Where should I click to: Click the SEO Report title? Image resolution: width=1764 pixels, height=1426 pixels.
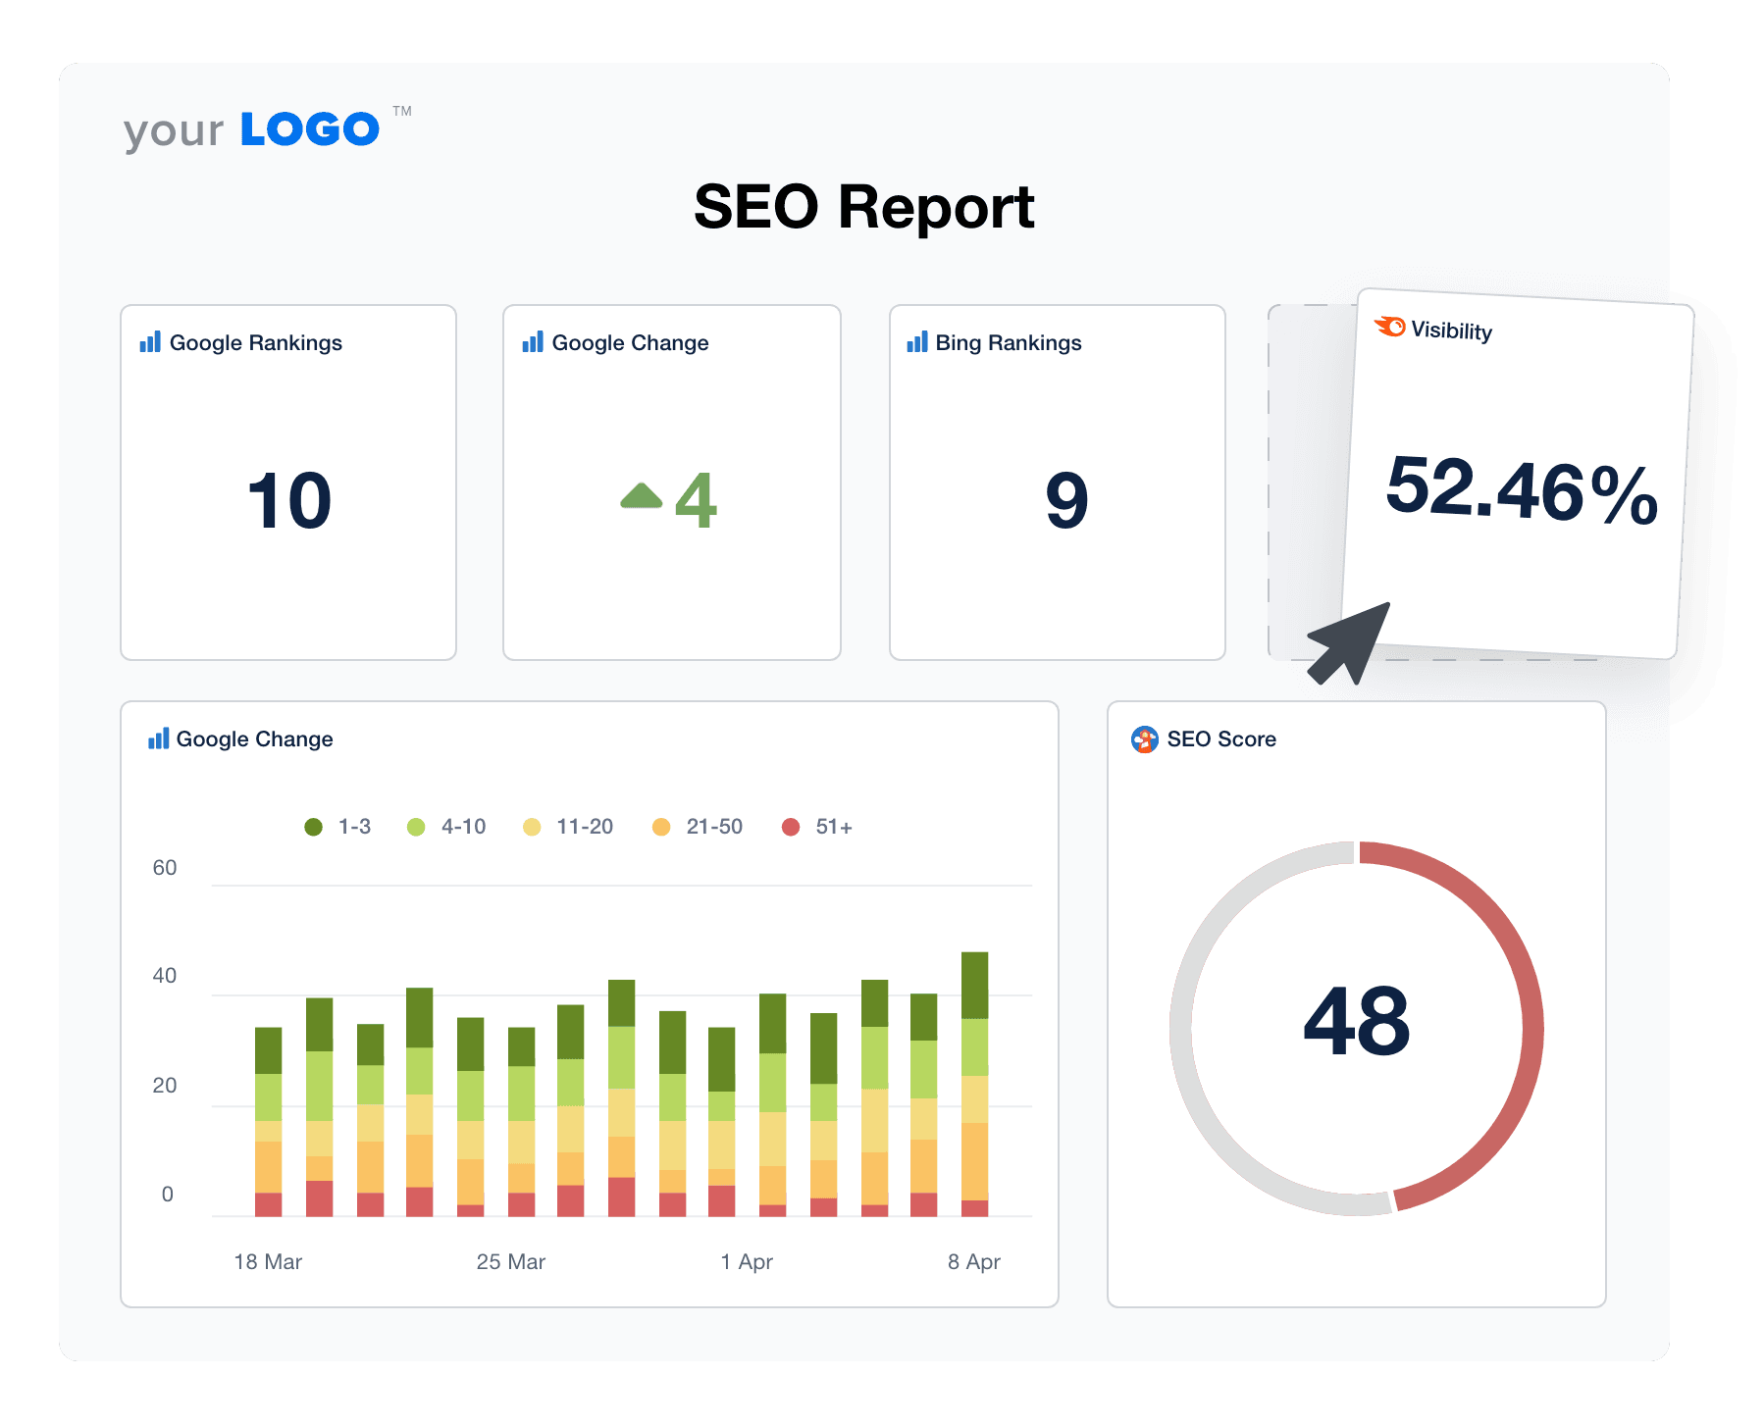pyautogui.click(x=863, y=207)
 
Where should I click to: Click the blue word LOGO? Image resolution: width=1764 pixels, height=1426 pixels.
pyautogui.click(x=310, y=129)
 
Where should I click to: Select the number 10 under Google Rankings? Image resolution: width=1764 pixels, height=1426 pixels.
pyautogui.click(x=289, y=501)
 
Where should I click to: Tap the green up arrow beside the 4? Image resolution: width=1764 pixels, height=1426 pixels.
pyautogui.click(x=642, y=496)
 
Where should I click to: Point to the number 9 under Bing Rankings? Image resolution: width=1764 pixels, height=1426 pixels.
pyautogui.click(x=1066, y=501)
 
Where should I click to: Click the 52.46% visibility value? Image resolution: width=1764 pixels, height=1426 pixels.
pyautogui.click(x=1521, y=489)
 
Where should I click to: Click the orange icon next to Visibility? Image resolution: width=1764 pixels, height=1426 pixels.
pyautogui.click(x=1390, y=326)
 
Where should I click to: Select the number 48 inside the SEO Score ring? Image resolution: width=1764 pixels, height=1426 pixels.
pyautogui.click(x=1356, y=1022)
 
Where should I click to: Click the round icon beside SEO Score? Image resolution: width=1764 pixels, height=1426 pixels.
pyautogui.click(x=1144, y=739)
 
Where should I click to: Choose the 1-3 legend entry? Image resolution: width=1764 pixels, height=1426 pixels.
pyautogui.click(x=338, y=827)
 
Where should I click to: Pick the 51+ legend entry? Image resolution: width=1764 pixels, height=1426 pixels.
pyautogui.click(x=817, y=827)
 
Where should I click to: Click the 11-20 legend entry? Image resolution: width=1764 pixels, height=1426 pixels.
pyautogui.click(x=569, y=827)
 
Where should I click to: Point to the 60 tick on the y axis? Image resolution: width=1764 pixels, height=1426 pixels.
pyautogui.click(x=165, y=868)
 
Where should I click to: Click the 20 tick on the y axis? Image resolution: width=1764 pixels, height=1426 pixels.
pyautogui.click(x=165, y=1086)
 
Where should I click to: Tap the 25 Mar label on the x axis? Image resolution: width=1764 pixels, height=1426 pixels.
pyautogui.click(x=510, y=1262)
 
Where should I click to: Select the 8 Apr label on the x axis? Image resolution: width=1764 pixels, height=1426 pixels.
pyautogui.click(x=973, y=1262)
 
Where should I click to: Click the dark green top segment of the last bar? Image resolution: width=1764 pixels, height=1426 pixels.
pyautogui.click(x=974, y=985)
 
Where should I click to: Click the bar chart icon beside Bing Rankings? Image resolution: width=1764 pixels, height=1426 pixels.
pyautogui.click(x=917, y=342)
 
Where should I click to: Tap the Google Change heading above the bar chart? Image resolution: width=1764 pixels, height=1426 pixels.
pyautogui.click(x=254, y=739)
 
